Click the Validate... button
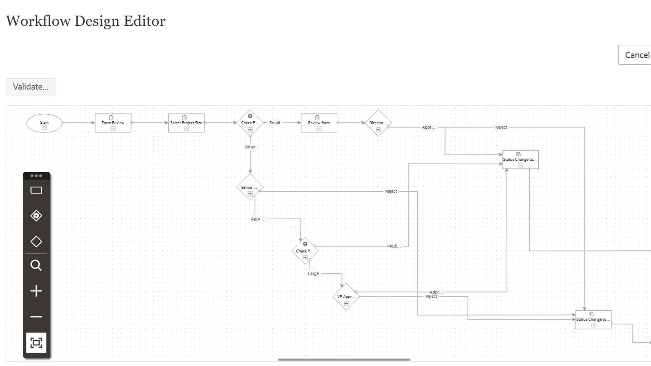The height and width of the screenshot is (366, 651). coord(31,87)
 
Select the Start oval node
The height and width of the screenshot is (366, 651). coord(44,123)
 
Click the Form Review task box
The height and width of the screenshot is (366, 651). coord(113,123)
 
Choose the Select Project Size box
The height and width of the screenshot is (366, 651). coord(186,123)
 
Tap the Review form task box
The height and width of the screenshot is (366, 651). coord(319,123)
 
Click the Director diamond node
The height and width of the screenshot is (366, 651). coord(378,123)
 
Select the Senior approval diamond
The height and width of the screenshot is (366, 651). coord(250,187)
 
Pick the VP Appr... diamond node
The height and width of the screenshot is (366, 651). coord(346,297)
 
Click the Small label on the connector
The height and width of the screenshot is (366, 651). coord(275,123)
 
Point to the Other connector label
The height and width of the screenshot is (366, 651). coord(250,147)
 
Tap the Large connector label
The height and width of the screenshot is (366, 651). coord(313,274)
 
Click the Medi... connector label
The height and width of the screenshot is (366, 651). coord(394,246)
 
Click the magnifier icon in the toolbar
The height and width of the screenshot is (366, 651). coord(36,265)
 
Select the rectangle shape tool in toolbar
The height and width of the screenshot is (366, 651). coord(36,190)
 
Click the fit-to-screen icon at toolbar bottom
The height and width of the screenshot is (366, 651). coord(36,343)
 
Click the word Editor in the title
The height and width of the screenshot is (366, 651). coord(144,21)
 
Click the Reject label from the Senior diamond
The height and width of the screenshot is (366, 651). coord(391,191)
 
